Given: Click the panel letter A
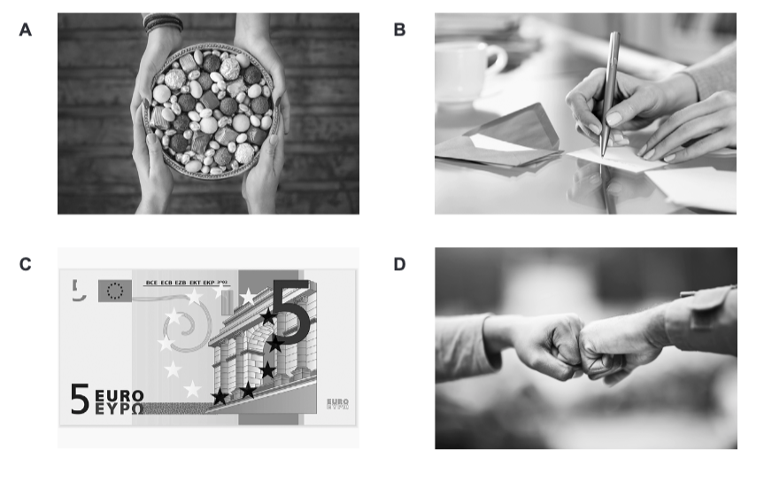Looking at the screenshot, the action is pyautogui.click(x=26, y=30).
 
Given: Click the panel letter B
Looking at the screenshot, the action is pyautogui.click(x=399, y=30).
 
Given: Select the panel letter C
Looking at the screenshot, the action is pyautogui.click(x=26, y=264).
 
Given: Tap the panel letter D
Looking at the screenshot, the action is pyautogui.click(x=399, y=264).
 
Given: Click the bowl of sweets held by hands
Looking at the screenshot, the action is pyautogui.click(x=210, y=111).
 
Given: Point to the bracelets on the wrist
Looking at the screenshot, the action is pyautogui.click(x=163, y=22).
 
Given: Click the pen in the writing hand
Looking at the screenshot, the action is pyautogui.click(x=609, y=94).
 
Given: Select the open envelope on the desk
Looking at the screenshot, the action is pyautogui.click(x=499, y=139).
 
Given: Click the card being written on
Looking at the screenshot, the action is pyautogui.click(x=616, y=159).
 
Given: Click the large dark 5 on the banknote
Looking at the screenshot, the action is pyautogui.click(x=291, y=310).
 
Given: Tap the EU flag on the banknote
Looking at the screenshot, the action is pyautogui.click(x=115, y=291).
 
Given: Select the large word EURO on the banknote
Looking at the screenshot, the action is pyautogui.click(x=120, y=395).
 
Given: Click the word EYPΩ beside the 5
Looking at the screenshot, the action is pyautogui.click(x=120, y=409).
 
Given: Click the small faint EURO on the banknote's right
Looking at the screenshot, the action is pyautogui.click(x=337, y=401).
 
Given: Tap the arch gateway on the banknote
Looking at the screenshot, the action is pyautogui.click(x=262, y=346).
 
